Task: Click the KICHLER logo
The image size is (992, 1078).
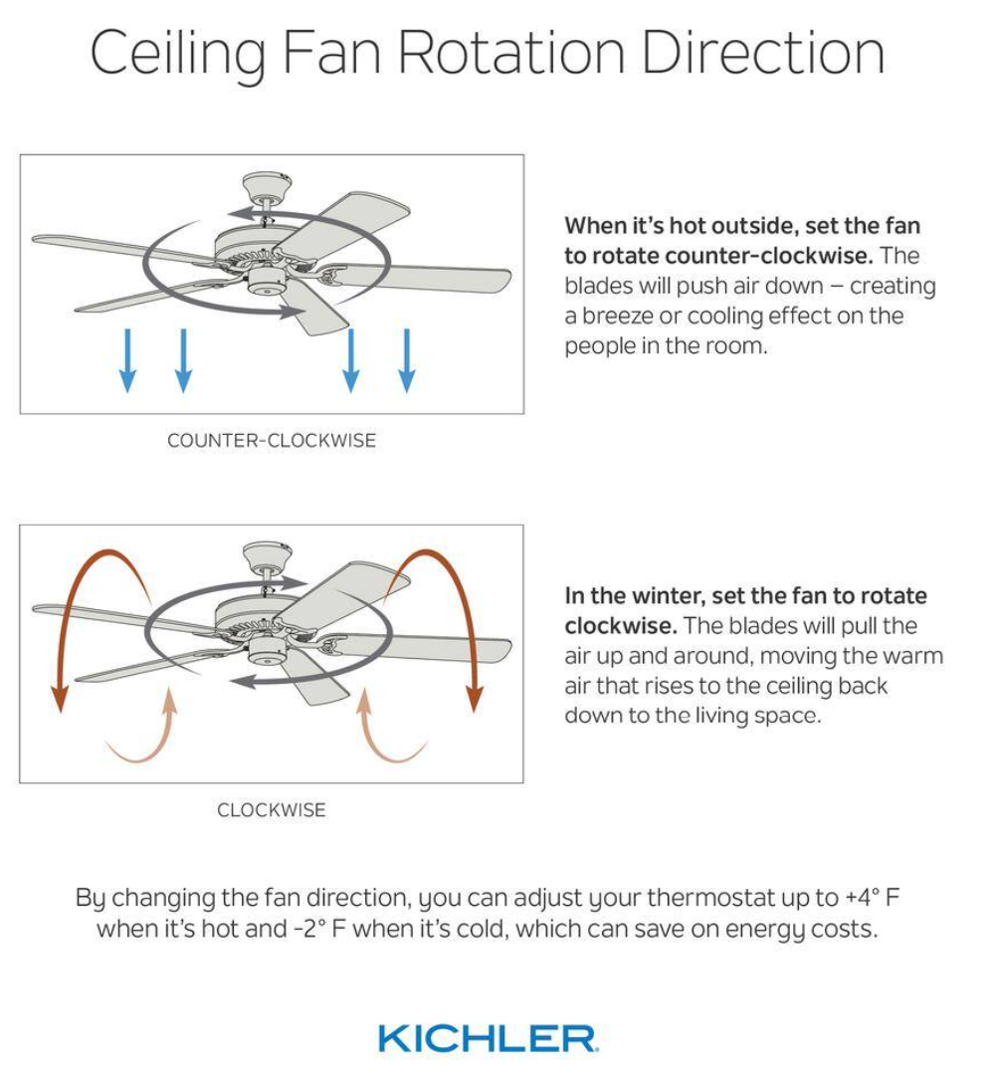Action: (x=488, y=1038)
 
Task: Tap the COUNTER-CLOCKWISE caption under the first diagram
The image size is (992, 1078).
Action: (x=272, y=441)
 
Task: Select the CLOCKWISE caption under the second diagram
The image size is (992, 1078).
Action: (x=272, y=810)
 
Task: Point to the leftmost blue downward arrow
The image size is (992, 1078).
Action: (x=127, y=361)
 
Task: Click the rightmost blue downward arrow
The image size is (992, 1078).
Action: (x=406, y=361)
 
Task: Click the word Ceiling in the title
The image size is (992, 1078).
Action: (x=177, y=55)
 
